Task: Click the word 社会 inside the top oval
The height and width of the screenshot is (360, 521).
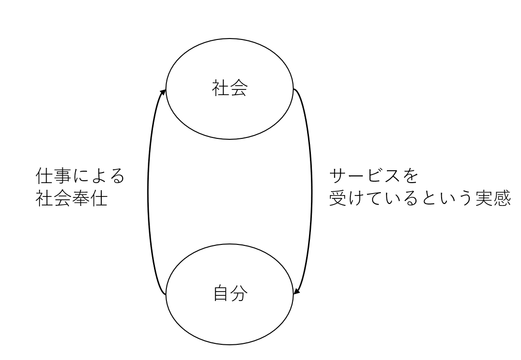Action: (230, 89)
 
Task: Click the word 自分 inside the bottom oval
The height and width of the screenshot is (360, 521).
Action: (230, 293)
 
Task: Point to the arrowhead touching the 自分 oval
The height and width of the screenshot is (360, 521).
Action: (297, 291)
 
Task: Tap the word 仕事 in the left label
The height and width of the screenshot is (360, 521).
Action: (53, 176)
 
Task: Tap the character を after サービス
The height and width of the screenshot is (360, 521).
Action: (410, 176)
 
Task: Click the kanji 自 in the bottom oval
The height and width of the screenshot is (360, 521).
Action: (221, 293)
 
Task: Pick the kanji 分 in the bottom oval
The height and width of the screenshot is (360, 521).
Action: (239, 293)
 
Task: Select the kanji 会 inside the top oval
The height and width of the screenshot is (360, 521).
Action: (239, 89)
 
